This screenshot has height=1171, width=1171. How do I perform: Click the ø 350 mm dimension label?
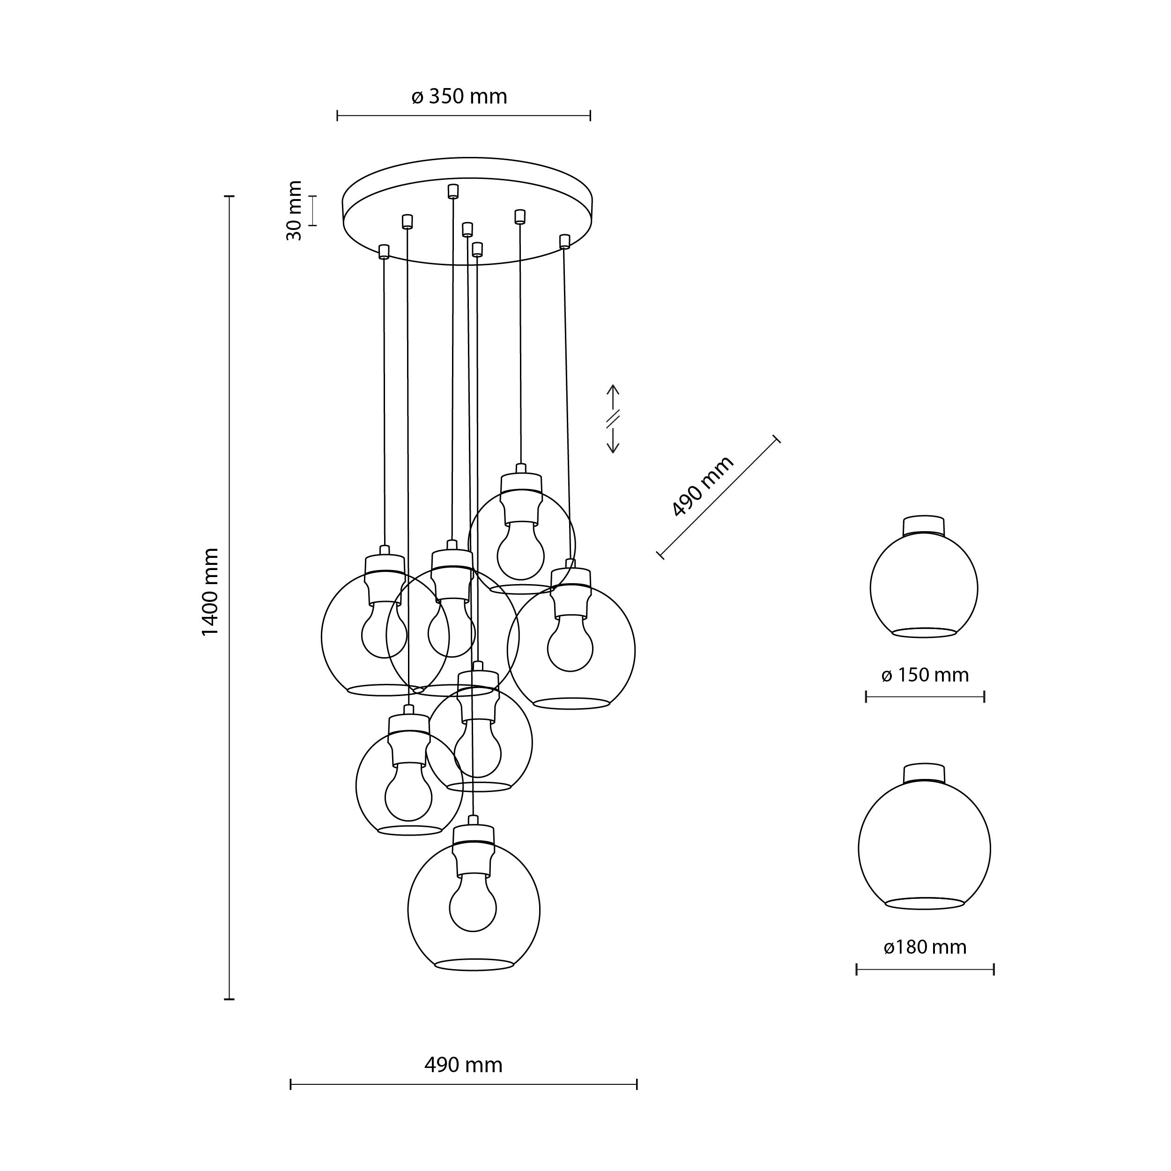click(x=459, y=97)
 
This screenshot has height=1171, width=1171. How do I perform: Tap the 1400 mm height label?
click(x=210, y=592)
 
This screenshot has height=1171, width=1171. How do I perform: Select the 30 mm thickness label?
click(x=295, y=210)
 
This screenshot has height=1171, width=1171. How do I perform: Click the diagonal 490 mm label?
click(x=703, y=486)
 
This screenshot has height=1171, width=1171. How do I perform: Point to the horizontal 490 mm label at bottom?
click(x=463, y=1065)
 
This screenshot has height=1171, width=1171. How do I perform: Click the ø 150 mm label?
click(x=925, y=675)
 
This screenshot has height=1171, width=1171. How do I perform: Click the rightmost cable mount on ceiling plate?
click(x=564, y=241)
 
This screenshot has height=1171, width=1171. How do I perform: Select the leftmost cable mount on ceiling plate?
click(x=383, y=251)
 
